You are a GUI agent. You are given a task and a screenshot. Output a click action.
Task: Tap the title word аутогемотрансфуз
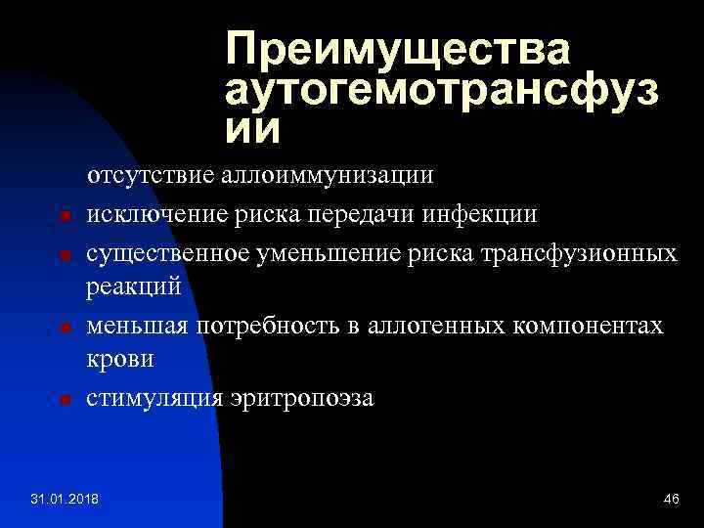(x=441, y=90)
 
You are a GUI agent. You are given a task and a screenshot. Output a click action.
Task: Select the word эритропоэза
(x=302, y=399)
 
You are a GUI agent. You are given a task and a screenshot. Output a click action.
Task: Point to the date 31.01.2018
(x=71, y=501)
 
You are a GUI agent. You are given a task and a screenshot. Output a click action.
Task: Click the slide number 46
(x=671, y=501)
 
